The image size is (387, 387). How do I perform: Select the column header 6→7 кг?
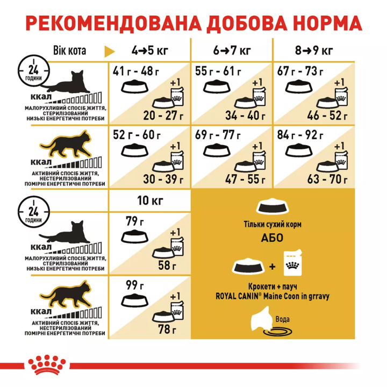232,51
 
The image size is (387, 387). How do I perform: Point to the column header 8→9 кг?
315,51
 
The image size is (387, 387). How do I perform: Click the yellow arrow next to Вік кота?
110,52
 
